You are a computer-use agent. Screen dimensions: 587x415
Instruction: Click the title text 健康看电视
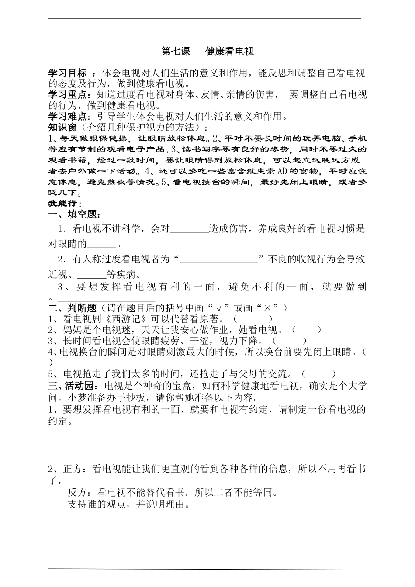[229, 52]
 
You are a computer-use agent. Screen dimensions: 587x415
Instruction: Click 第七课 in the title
[176, 52]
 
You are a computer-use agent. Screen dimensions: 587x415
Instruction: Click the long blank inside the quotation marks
[218, 260]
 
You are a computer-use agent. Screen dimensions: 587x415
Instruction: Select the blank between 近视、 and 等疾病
[92, 275]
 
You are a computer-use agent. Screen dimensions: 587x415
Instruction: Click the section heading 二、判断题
[72, 308]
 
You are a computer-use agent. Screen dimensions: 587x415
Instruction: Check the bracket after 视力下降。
[289, 341]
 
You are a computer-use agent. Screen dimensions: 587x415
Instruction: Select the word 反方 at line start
[78, 493]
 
